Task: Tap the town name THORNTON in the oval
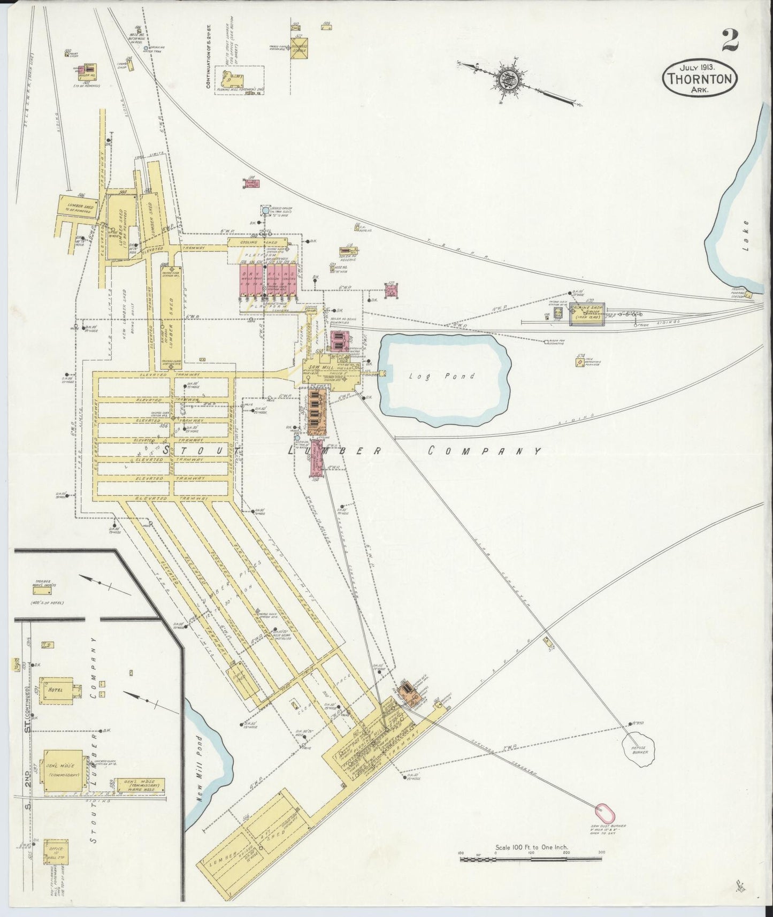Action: point(700,79)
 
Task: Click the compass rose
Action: point(508,79)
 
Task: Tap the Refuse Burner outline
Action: point(639,749)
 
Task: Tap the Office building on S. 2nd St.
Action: point(56,851)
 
